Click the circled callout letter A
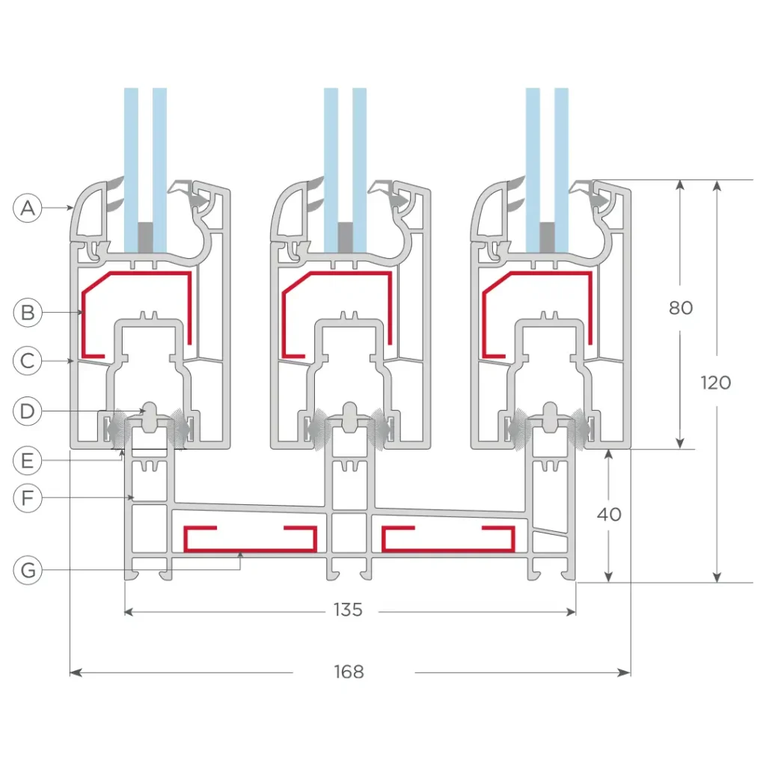[28, 208]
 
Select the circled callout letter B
[28, 311]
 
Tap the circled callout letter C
[28, 361]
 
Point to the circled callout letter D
[28, 411]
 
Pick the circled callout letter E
[28, 461]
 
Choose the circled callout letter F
[28, 498]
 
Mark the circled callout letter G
[28, 571]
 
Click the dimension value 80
[681, 307]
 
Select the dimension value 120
[716, 382]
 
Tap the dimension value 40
[609, 515]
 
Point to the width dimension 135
[348, 610]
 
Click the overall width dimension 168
[349, 672]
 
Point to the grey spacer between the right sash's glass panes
[547, 237]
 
